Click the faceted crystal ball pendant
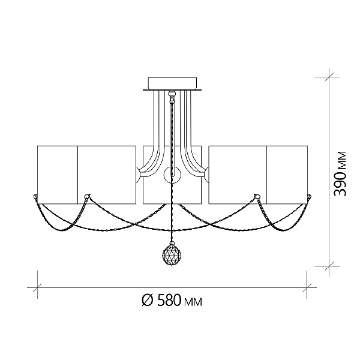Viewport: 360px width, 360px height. tap(172, 254)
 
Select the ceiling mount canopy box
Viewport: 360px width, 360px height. tap(172, 83)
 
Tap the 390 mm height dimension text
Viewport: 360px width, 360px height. tap(340, 173)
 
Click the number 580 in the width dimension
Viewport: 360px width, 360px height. tap(169, 301)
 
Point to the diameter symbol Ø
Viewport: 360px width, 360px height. tap(147, 301)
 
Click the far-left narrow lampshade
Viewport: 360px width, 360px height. tap(58, 175)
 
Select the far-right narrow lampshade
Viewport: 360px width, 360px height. tap(287, 175)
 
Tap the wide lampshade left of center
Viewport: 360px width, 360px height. tap(107, 175)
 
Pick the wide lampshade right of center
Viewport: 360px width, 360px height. tap(238, 175)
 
